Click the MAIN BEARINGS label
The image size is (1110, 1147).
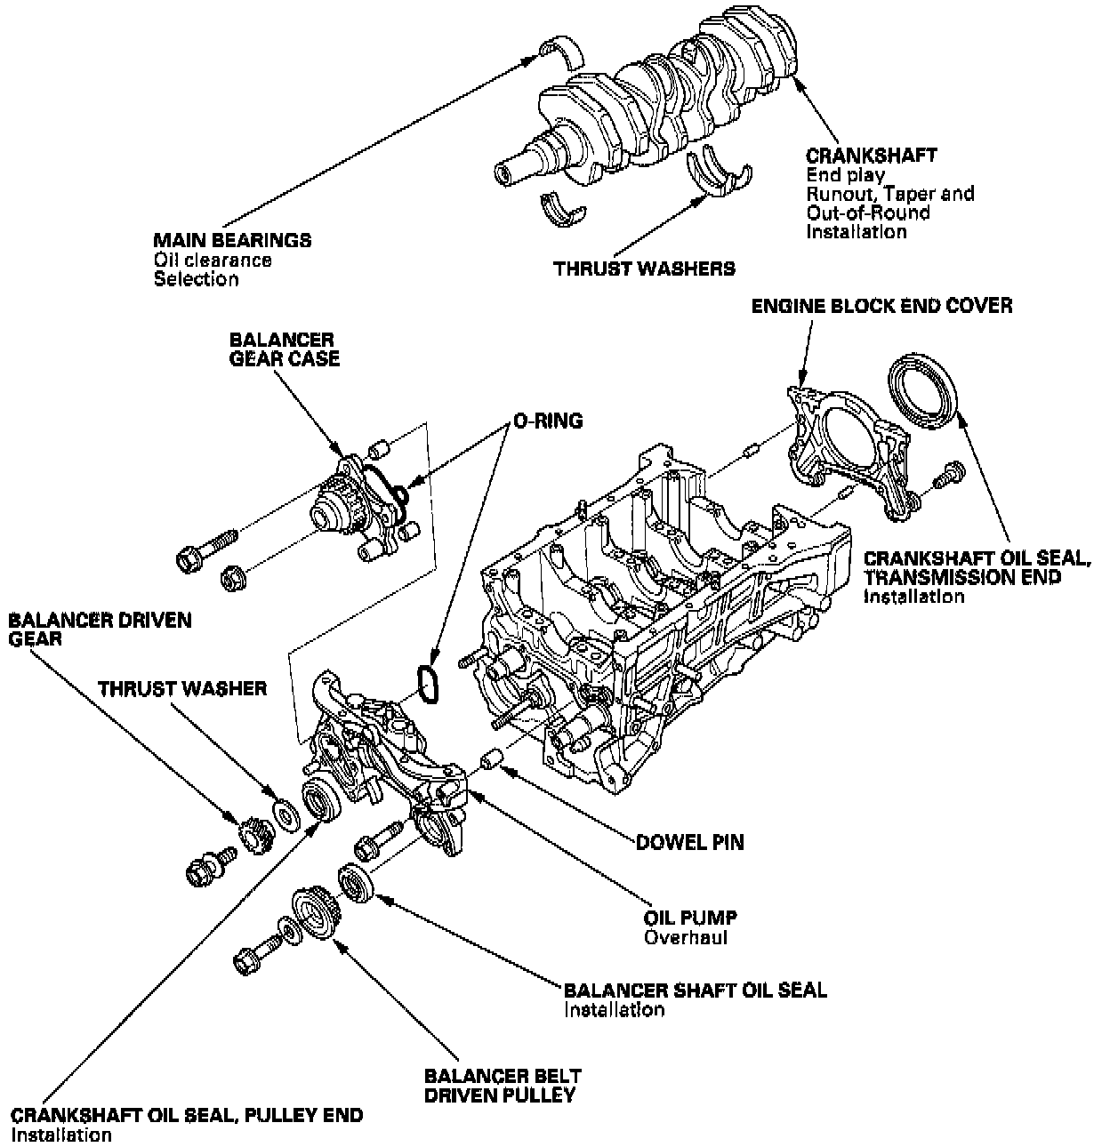[231, 241]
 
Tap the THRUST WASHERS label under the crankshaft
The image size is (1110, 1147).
[644, 268]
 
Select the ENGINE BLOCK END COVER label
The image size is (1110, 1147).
[881, 307]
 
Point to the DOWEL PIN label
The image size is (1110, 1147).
[689, 841]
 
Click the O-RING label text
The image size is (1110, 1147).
[547, 421]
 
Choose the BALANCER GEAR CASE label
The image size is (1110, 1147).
[284, 349]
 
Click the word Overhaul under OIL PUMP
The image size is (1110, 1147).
[686, 938]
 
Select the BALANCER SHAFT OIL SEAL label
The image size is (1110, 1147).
[695, 990]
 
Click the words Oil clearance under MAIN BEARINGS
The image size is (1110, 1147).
[212, 261]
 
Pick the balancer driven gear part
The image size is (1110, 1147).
[253, 836]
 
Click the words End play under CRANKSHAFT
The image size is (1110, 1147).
[845, 175]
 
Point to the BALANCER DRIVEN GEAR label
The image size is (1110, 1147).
[100, 629]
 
